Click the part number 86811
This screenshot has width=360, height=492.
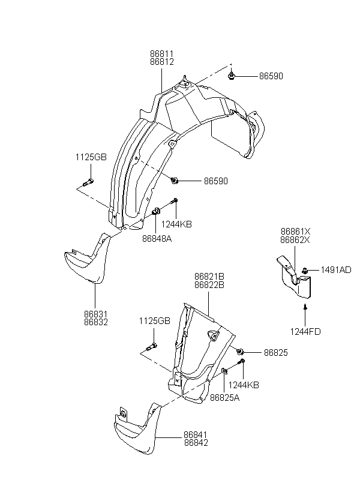[161, 54]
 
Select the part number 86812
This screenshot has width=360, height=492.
[161, 62]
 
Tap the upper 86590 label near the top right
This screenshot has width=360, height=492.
[271, 76]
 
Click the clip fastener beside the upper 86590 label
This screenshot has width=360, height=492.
[232, 76]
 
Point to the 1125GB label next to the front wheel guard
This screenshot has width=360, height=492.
[91, 157]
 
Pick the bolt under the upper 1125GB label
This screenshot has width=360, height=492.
[88, 182]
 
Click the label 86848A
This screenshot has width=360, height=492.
[157, 238]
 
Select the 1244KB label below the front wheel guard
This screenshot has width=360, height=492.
[176, 224]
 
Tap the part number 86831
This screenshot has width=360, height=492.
[96, 314]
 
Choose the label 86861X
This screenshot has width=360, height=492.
[295, 232]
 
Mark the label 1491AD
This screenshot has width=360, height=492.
[336, 270]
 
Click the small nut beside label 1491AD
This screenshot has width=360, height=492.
[304, 270]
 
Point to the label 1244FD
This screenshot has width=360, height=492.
[305, 332]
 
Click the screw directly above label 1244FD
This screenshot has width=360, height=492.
[305, 307]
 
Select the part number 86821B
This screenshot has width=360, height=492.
[209, 277]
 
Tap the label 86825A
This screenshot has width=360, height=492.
[224, 398]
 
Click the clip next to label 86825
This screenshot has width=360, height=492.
[241, 352]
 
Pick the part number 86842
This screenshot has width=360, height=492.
[196, 443]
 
